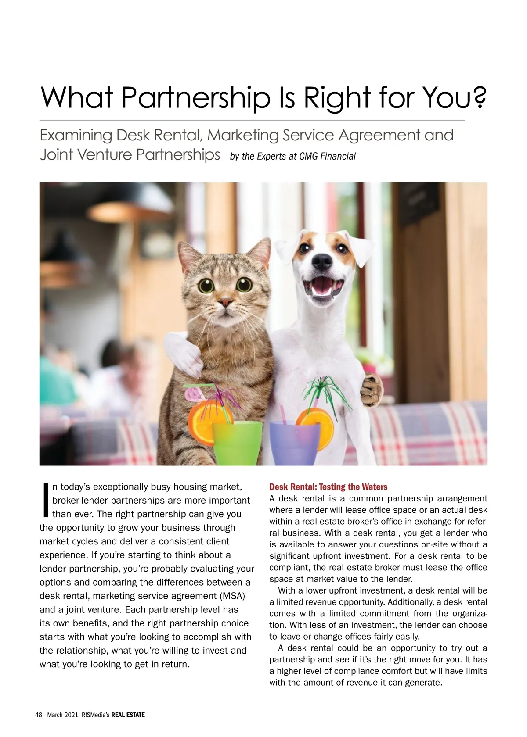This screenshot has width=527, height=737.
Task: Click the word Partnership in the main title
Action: (195, 98)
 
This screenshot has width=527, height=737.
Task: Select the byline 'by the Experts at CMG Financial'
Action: (292, 156)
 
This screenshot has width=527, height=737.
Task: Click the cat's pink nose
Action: (225, 302)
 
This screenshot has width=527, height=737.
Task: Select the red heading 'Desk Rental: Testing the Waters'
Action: (328, 487)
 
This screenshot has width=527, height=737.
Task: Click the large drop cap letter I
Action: (45, 500)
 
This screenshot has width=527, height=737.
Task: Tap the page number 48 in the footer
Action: (38, 715)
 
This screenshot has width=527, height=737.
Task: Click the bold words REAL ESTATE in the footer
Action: (128, 715)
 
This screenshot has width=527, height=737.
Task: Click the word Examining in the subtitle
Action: (76, 135)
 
